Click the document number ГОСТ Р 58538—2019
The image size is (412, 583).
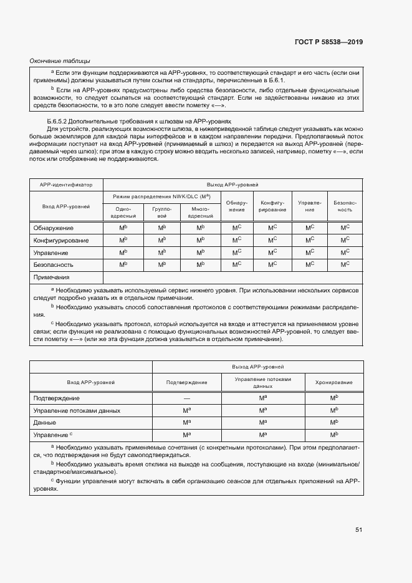tap(329, 42)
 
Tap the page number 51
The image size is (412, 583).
tap(358, 530)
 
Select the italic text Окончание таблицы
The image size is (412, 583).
tap(60, 60)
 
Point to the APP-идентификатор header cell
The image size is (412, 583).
tap(66, 185)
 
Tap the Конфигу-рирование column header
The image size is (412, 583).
tap(272, 206)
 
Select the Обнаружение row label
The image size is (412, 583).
tap(53, 228)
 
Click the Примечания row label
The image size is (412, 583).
tap(51, 277)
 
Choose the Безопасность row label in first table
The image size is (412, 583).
tap(54, 264)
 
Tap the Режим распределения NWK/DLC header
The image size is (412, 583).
tap(161, 196)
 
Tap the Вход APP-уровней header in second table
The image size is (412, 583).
tap(91, 382)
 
